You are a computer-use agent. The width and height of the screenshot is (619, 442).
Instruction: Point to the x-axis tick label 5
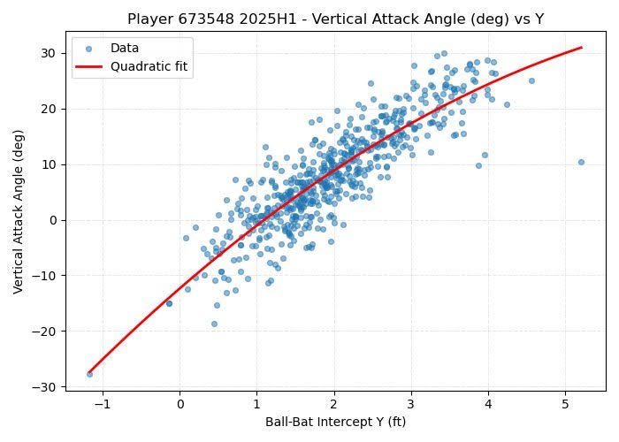point(565,404)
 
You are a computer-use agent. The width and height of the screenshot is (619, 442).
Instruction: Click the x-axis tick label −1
point(102,404)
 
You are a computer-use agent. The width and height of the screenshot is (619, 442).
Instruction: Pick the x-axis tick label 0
point(180,404)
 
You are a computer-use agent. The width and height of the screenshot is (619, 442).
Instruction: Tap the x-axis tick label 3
point(411,404)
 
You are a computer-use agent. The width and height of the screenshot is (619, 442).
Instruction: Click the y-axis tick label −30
point(45,387)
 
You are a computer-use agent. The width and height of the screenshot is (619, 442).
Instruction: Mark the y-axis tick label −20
point(45,331)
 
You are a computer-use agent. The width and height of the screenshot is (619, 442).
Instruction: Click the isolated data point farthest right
point(581,162)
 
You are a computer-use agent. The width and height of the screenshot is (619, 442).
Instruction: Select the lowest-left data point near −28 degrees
point(89,374)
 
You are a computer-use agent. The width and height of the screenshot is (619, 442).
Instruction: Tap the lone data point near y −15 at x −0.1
point(169,303)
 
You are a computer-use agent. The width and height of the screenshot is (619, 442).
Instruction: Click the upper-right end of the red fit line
point(581,48)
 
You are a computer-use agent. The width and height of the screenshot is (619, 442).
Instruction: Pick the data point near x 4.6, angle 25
point(531,80)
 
